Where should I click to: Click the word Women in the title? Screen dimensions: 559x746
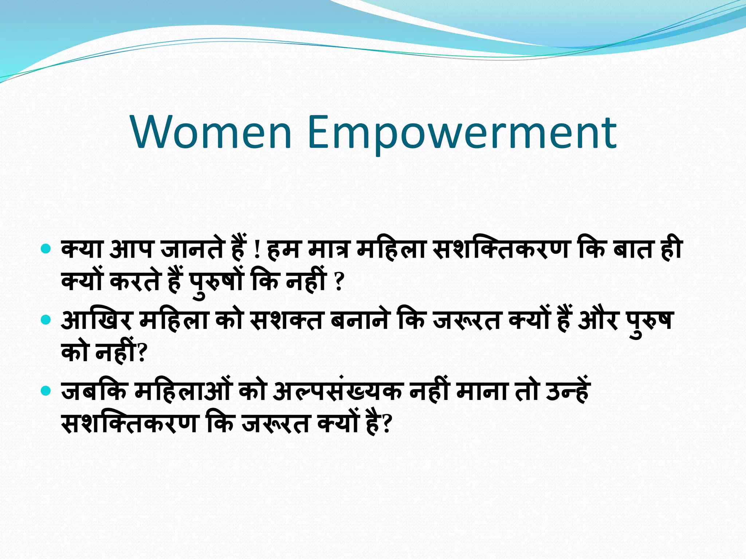click(x=212, y=132)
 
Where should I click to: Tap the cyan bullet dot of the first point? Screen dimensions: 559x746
click(x=46, y=250)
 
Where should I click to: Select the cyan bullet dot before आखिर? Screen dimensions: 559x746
click(x=46, y=320)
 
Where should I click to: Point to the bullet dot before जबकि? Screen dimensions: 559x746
click(x=46, y=391)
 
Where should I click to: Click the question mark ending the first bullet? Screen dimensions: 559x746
click(x=339, y=282)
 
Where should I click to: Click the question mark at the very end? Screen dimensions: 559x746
click(x=386, y=424)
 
